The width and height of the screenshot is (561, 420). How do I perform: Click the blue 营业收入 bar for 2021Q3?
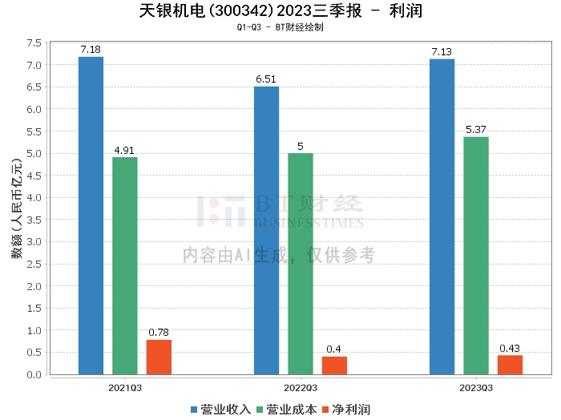[91, 216]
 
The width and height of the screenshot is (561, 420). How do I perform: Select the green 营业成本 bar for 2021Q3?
[124, 265]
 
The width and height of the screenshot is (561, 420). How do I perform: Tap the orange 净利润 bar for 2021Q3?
[159, 357]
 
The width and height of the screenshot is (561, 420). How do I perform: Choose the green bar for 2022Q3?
[301, 264]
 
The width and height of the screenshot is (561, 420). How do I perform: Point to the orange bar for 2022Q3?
[334, 365]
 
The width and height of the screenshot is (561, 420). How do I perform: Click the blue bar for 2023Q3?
[442, 216]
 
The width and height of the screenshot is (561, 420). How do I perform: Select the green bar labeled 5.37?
[475, 256]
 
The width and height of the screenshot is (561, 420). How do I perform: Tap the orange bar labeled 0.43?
[510, 365]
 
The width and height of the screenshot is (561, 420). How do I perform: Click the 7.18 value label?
[91, 50]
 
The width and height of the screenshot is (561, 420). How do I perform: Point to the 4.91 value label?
[124, 150]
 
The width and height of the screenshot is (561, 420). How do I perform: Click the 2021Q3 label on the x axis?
[125, 387]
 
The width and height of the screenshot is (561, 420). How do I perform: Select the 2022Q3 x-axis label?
[301, 387]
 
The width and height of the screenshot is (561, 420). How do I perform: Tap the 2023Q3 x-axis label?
[475, 387]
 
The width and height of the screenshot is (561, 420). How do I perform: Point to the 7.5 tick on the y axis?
[34, 42]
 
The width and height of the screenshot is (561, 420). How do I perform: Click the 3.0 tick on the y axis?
[34, 242]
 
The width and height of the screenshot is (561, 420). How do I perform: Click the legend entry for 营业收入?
[221, 409]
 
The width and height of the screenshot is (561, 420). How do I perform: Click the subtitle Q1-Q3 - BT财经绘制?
[280, 28]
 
